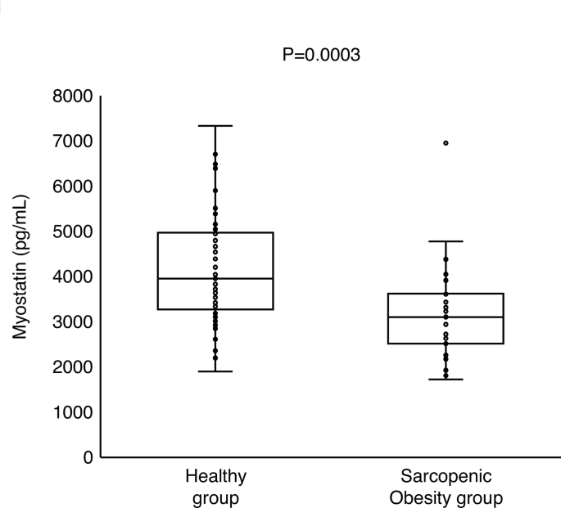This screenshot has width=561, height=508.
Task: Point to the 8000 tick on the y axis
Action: pyautogui.click(x=71, y=97)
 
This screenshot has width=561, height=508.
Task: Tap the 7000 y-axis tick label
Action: pyautogui.click(x=71, y=142)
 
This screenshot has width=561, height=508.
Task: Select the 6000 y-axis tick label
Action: pyautogui.click(x=71, y=187)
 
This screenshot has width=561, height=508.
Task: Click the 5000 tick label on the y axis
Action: pyautogui.click(x=71, y=232)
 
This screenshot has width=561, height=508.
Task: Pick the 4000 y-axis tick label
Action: pyautogui.click(x=71, y=276)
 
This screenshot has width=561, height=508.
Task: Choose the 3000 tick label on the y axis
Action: pyautogui.click(x=71, y=321)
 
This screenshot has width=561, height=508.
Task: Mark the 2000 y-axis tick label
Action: pyautogui.click(x=71, y=366)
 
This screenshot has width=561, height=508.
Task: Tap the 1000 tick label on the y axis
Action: pyautogui.click(x=71, y=411)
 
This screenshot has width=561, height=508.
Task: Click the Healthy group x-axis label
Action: pyautogui.click(x=215, y=486)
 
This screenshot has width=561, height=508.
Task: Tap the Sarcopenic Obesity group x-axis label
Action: pyautogui.click(x=446, y=486)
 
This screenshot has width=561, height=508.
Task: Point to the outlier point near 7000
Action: pyautogui.click(x=446, y=143)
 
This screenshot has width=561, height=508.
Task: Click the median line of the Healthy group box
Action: pyautogui.click(x=215, y=278)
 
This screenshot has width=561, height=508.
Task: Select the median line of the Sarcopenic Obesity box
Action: pyautogui.click(x=446, y=317)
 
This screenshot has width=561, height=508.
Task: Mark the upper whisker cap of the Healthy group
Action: pyautogui.click(x=215, y=126)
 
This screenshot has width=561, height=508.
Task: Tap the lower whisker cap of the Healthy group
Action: pyautogui.click(x=215, y=371)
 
